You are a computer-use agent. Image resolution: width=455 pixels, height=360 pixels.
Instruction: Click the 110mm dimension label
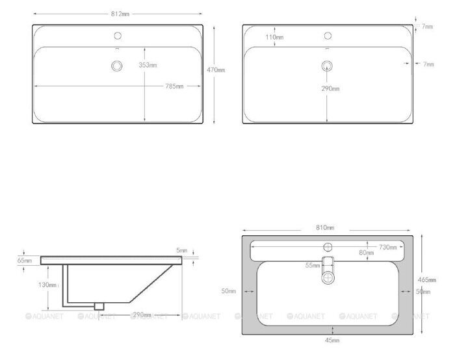click(275, 38)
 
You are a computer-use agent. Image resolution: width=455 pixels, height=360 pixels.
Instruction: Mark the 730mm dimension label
click(389, 247)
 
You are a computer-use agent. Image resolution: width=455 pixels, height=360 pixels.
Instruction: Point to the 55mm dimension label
click(313, 265)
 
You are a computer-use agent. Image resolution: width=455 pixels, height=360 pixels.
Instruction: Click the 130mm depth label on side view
click(46, 285)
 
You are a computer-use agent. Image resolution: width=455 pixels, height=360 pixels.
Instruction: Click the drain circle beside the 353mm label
click(118, 66)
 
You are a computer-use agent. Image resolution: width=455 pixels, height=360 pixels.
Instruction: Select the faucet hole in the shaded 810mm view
click(329, 246)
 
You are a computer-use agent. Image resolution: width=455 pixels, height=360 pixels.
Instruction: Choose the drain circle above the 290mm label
click(328, 66)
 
